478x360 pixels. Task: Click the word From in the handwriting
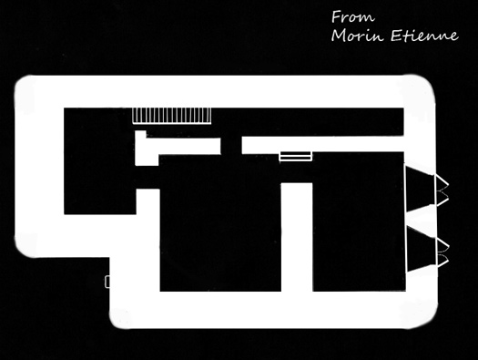coord(353,16)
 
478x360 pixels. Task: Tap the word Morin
coord(357,36)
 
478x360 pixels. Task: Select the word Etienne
coord(424,36)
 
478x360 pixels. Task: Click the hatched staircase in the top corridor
coord(172,116)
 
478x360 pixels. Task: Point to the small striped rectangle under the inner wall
coord(295,156)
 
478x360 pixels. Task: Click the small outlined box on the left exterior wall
coord(107,282)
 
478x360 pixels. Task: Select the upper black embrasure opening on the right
coord(420,189)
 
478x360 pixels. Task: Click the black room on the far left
coord(99,160)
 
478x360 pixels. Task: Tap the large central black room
coord(220,222)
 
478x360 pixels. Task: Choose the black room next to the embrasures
coord(359,221)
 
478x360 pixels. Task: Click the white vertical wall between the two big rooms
coord(297,237)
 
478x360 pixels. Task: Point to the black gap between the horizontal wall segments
coord(231,146)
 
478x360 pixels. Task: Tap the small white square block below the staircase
coord(140,135)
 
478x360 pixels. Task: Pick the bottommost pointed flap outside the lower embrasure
coord(442,261)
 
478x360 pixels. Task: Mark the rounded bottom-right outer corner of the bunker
coord(428,319)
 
